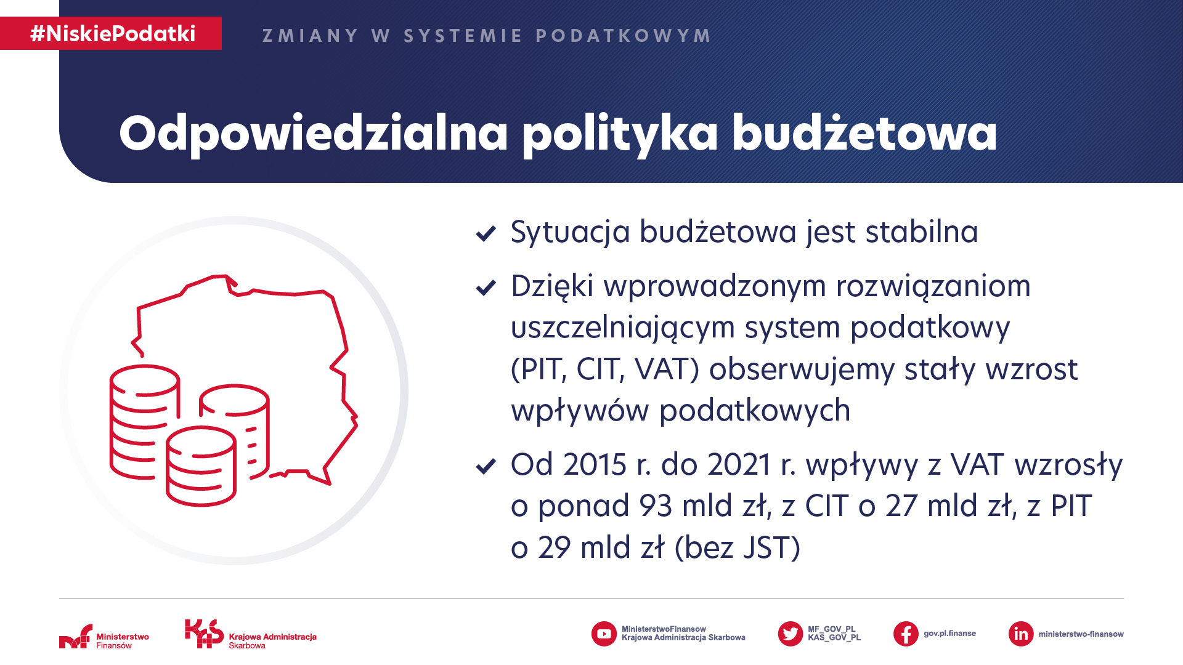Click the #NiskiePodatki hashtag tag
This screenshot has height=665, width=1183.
[x=111, y=33]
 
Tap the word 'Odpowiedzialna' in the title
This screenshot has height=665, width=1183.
[x=314, y=133]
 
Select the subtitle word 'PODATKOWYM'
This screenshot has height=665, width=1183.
[x=624, y=36]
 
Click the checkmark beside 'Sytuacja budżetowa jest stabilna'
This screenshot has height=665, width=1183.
[x=486, y=233]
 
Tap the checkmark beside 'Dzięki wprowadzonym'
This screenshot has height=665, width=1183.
[x=486, y=288]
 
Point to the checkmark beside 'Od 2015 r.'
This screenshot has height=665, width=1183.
[x=486, y=466]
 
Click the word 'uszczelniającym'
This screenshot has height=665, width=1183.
[x=623, y=329]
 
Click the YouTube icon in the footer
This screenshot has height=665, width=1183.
[x=604, y=634]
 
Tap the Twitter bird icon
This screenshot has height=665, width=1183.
[x=790, y=634]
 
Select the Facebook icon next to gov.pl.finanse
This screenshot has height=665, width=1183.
[x=906, y=634]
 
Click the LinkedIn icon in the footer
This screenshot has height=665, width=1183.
[x=1021, y=634]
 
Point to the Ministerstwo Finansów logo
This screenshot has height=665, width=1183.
[x=104, y=637]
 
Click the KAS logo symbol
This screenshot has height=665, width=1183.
[x=204, y=634]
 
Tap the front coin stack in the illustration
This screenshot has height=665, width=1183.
[x=201, y=466]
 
